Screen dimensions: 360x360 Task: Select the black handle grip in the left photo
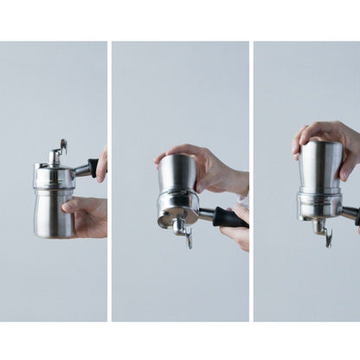tap(93, 167)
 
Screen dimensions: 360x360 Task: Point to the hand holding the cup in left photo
tap(87, 215)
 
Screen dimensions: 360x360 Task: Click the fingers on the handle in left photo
tap(103, 164)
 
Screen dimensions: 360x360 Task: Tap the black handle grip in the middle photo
tap(228, 217)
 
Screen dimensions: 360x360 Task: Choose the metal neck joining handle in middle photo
tap(206, 213)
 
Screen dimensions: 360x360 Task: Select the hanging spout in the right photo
tap(322, 229)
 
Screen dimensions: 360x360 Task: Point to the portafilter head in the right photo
tap(318, 205)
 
